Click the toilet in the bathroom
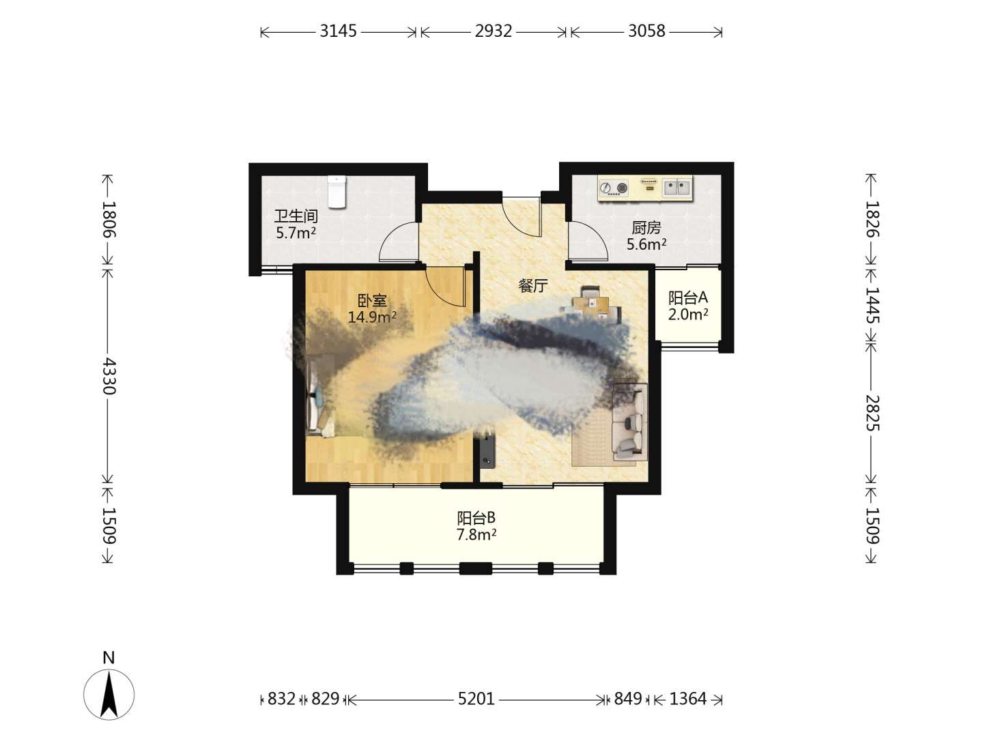[x=337, y=192]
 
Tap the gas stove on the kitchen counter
[x=614, y=188]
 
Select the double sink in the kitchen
[x=676, y=188]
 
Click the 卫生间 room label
[x=296, y=216]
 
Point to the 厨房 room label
[x=646, y=228]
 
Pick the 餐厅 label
[x=533, y=285]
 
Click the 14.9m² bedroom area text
[x=372, y=317]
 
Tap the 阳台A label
[x=688, y=298]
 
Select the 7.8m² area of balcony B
[x=476, y=534]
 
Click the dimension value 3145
[x=338, y=31]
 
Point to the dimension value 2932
[x=494, y=31]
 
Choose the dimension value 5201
[x=476, y=699]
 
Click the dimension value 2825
[x=872, y=413]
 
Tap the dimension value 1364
[x=688, y=699]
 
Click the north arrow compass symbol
[x=109, y=695]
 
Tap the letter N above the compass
[x=109, y=657]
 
